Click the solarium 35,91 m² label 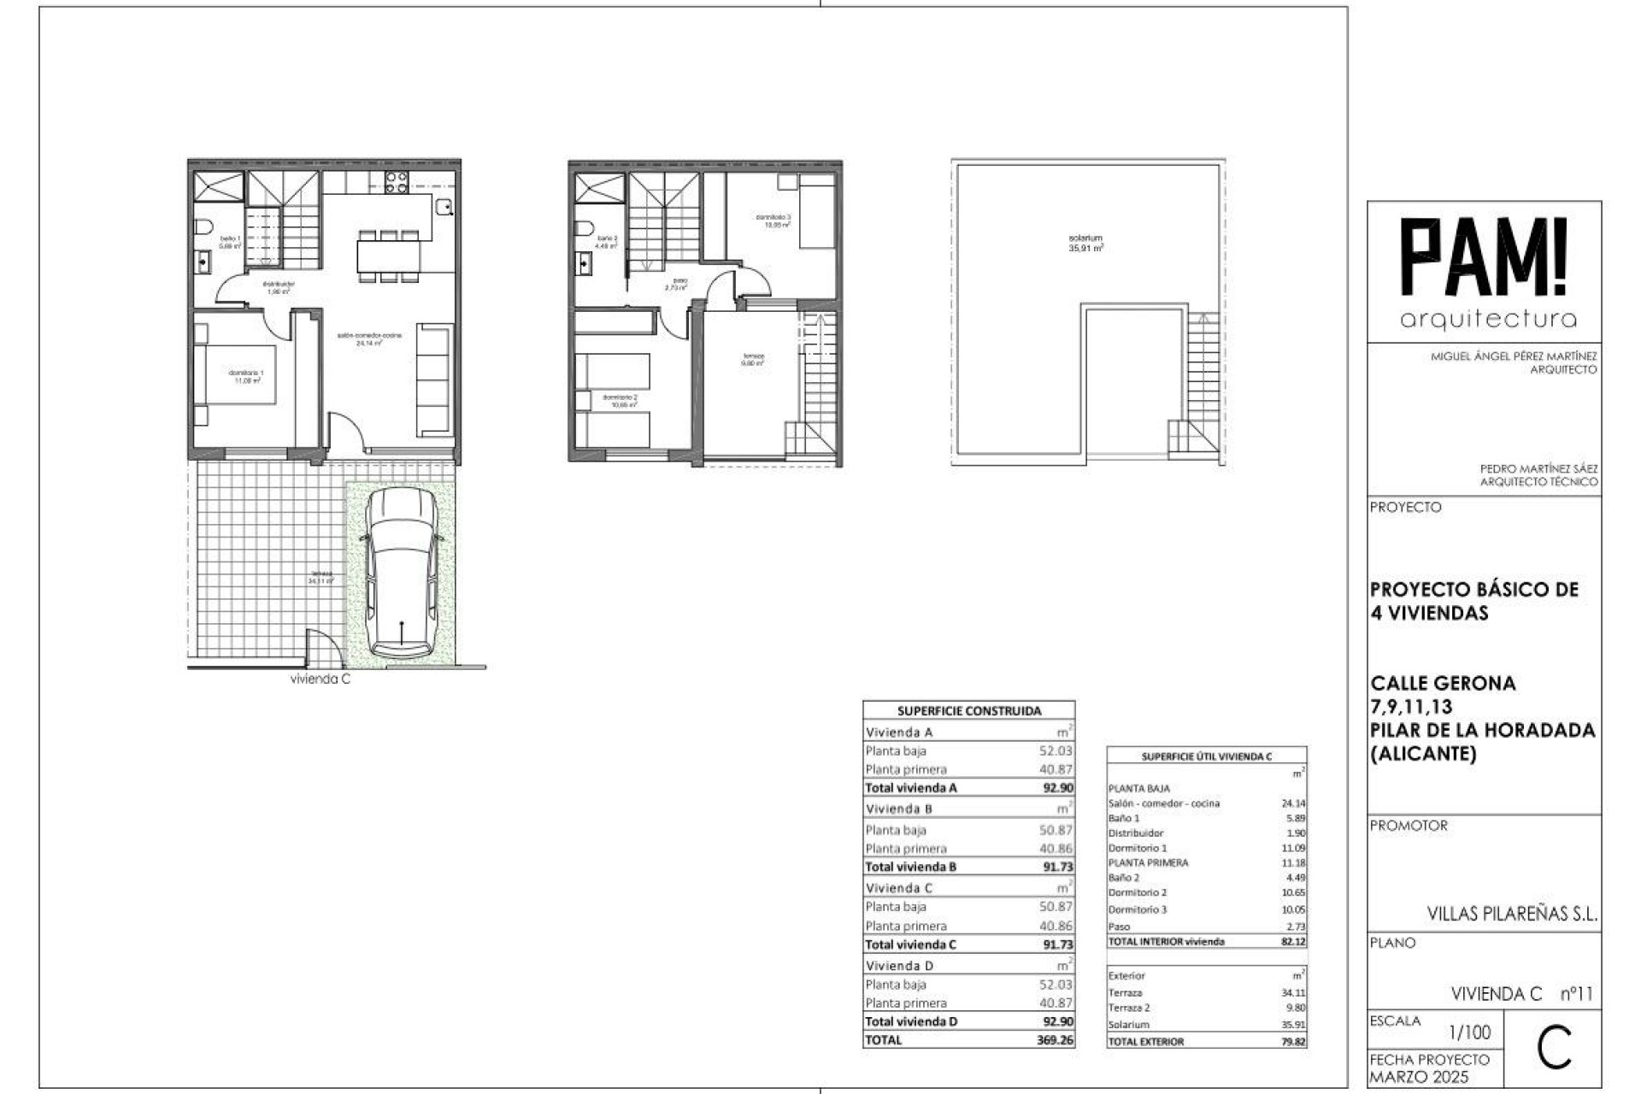[1085, 244]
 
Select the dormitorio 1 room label [246, 376]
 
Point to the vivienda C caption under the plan [321, 679]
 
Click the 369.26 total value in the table [1057, 1040]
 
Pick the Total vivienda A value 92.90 [1057, 788]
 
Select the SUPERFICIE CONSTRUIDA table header [969, 710]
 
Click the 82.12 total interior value [1293, 941]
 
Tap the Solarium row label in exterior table [1128, 1024]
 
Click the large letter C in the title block [1553, 1050]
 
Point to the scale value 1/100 [1469, 1032]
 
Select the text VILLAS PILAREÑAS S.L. [1511, 914]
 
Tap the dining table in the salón [389, 254]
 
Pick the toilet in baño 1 [203, 228]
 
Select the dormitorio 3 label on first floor [773, 221]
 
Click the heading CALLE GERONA [1443, 683]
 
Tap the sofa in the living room [435, 379]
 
